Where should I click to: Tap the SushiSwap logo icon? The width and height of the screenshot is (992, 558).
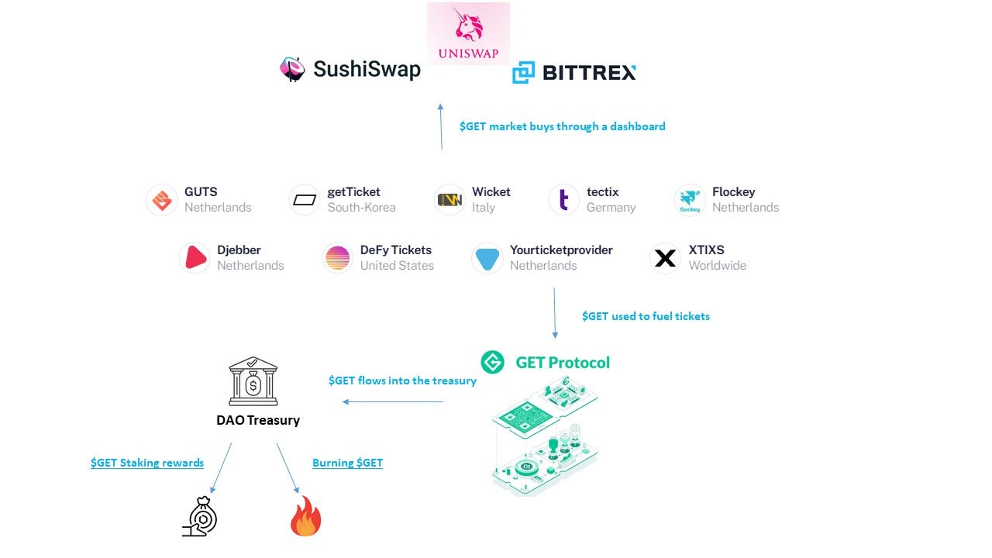coord(292,69)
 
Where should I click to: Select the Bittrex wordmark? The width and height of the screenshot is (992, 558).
coord(589,73)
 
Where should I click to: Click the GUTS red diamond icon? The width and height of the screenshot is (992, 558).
coord(162,200)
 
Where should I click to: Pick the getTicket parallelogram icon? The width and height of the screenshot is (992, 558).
coord(305,200)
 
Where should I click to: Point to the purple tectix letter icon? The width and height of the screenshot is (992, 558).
coord(563,200)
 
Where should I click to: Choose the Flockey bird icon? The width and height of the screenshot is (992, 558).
coord(690,200)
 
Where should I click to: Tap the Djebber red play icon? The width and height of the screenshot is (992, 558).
coord(195,258)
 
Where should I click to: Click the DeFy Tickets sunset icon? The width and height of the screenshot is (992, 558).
coord(338,258)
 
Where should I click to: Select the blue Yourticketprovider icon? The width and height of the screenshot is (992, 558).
coord(487,258)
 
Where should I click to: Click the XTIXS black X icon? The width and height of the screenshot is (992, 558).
coord(665,258)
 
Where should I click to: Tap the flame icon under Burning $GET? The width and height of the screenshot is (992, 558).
coord(305,517)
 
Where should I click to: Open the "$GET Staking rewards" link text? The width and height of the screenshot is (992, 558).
coord(147,463)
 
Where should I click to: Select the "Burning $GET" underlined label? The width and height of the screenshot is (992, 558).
coord(347,463)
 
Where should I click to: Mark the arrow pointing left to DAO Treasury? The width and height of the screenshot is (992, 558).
coord(393,401)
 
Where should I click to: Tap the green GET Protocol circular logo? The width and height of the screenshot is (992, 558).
coord(493,362)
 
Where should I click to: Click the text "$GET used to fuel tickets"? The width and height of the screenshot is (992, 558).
coord(646,316)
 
